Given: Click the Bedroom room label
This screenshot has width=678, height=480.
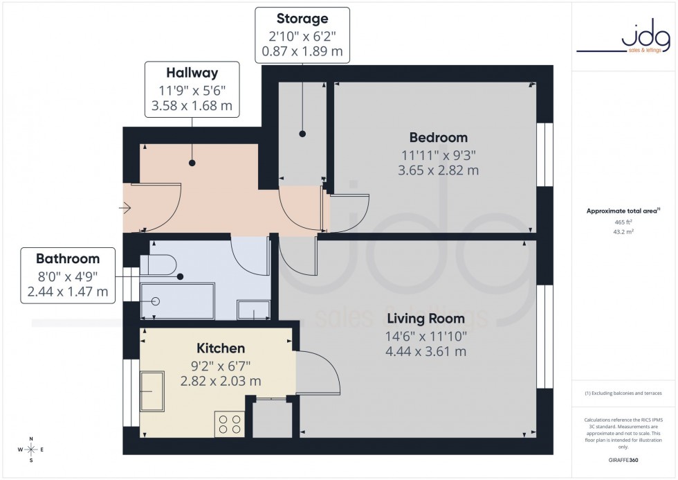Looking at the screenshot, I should pyautogui.click(x=438, y=137).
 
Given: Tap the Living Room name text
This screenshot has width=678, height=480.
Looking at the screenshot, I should pyautogui.click(x=426, y=319).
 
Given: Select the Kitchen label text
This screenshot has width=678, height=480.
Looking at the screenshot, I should pyautogui.click(x=221, y=348).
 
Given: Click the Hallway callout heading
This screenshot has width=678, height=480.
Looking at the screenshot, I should pyautogui.click(x=192, y=73).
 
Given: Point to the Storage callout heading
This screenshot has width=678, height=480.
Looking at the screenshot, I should pyautogui.click(x=302, y=19).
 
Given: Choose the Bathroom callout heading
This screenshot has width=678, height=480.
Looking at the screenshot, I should pyautogui.click(x=67, y=258).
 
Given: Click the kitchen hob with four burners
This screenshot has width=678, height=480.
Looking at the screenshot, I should pyautogui.click(x=230, y=423).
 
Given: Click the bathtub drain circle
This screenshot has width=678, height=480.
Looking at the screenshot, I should pyautogui.click(x=156, y=301).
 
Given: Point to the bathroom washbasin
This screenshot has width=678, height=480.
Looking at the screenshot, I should pyautogui.click(x=253, y=310).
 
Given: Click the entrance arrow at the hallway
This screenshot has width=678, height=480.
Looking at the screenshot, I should pyautogui.click(x=125, y=207).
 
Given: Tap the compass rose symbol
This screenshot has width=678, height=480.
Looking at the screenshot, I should pyautogui.click(x=31, y=450).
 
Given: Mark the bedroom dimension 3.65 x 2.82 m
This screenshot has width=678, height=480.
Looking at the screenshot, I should pyautogui.click(x=438, y=170).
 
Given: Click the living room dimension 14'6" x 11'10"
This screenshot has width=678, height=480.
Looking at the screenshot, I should pyautogui.click(x=426, y=336).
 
